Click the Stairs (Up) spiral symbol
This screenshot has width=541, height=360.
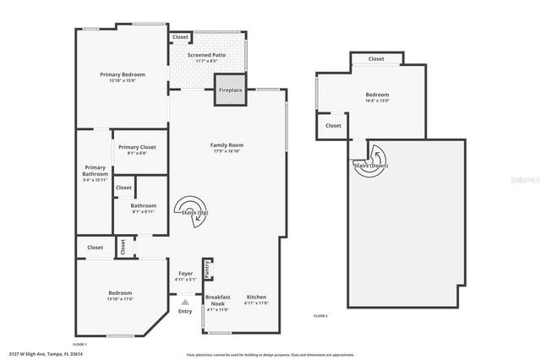(192, 210)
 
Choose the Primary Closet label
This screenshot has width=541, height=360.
(136, 147)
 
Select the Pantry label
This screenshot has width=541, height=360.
(208, 270)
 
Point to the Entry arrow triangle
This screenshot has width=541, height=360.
(185, 301)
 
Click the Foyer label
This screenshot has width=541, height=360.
(185, 273)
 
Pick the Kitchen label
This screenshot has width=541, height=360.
(256, 297)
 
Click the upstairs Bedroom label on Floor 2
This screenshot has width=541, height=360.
(377, 95)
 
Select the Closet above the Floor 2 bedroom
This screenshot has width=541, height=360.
(376, 59)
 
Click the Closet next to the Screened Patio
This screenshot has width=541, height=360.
(180, 37)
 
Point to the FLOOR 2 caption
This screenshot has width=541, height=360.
(320, 315)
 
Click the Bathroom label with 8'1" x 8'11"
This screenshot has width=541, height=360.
(143, 205)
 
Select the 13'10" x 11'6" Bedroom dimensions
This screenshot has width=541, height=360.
(120, 299)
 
